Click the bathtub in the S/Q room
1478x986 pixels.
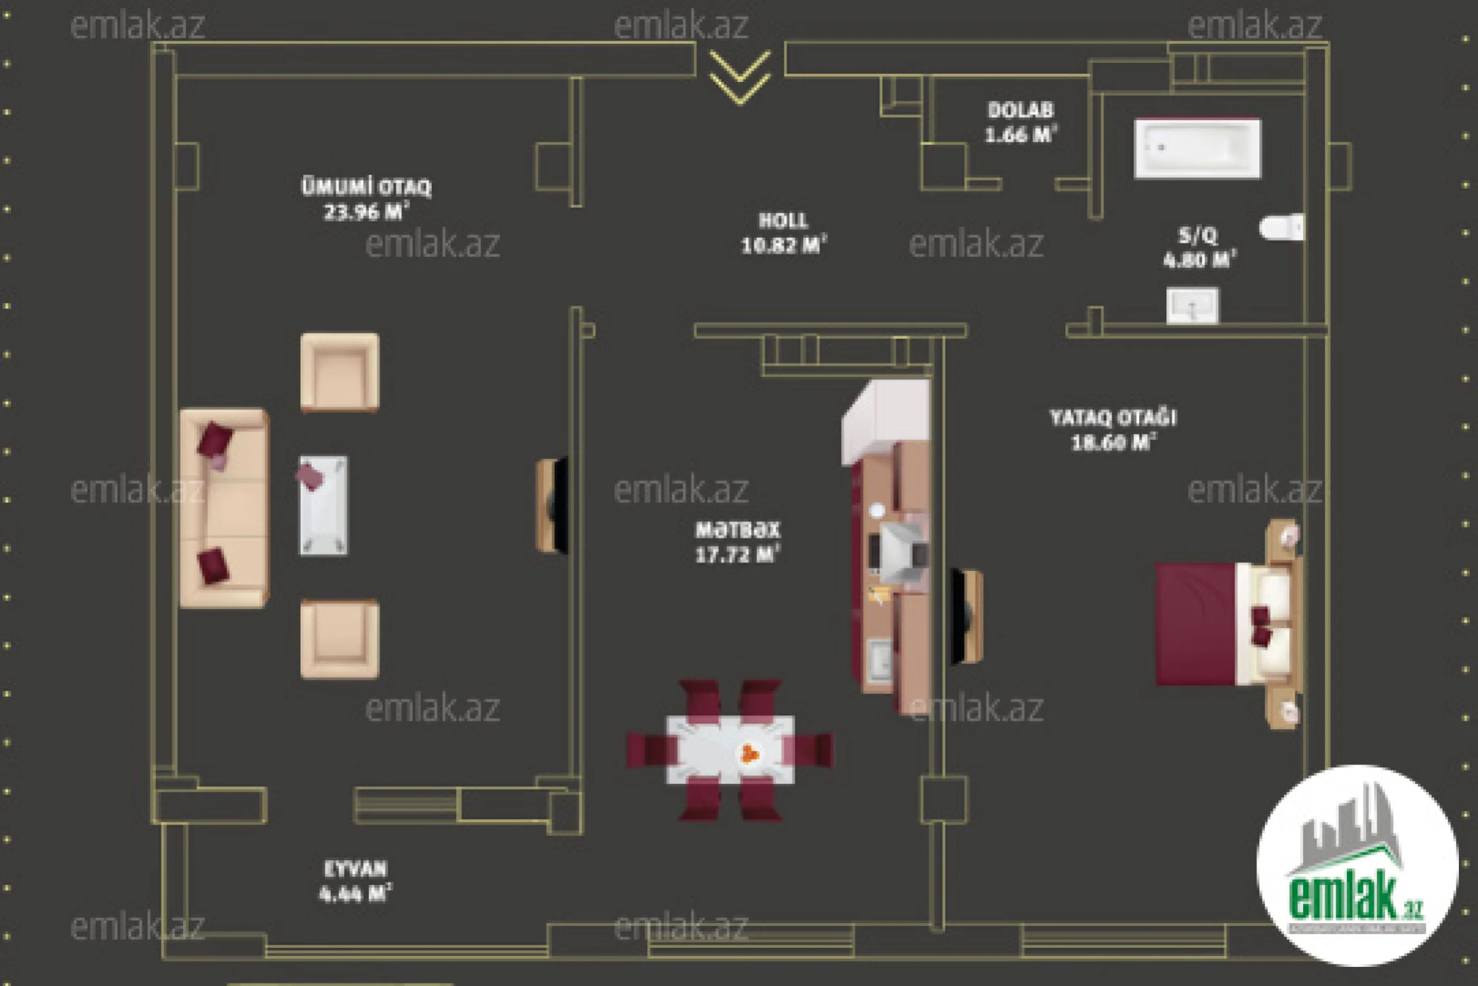[1197, 149]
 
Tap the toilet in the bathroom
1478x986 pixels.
[1281, 227]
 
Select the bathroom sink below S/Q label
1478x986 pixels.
[1192, 306]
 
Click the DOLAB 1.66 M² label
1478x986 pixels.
[1020, 122]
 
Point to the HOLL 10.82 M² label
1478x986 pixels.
[783, 233]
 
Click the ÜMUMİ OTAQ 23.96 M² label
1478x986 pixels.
[367, 198]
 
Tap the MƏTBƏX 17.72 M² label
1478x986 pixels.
[737, 542]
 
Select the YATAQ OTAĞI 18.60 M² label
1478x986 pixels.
[1113, 430]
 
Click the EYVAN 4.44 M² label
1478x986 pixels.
[355, 881]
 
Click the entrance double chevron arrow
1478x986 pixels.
[739, 76]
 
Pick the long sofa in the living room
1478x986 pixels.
[224, 508]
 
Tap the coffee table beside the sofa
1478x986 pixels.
[323, 505]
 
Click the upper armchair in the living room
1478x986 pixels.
[339, 372]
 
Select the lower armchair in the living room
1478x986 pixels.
[339, 639]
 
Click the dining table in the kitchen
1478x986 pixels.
[730, 749]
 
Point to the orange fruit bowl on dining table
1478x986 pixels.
[749, 752]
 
